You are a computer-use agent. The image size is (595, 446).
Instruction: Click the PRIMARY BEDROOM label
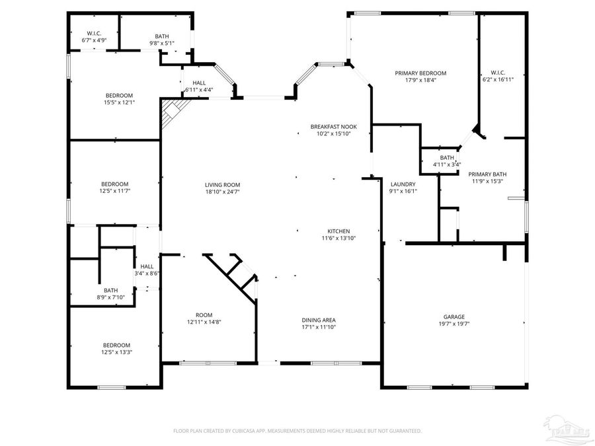click(x=420, y=73)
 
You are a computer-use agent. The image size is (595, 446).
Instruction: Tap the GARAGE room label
click(x=454, y=316)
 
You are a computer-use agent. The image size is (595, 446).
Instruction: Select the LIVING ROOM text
click(x=222, y=185)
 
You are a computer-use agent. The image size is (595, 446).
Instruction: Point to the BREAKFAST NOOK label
click(x=333, y=126)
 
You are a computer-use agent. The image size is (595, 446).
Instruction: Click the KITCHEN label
click(x=338, y=231)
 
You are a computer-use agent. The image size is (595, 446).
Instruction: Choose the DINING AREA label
click(x=319, y=320)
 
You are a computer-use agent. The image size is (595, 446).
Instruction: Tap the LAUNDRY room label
click(x=403, y=184)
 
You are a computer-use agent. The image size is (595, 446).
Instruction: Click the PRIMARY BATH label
click(x=486, y=174)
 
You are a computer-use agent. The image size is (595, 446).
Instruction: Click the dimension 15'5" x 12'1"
click(x=119, y=102)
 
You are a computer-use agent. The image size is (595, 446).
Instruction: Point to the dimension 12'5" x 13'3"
click(x=116, y=352)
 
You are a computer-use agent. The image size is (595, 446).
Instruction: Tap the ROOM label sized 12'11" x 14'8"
click(x=204, y=315)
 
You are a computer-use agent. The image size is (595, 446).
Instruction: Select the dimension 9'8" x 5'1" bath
click(x=162, y=44)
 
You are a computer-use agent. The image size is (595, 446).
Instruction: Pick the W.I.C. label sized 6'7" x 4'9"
click(x=93, y=34)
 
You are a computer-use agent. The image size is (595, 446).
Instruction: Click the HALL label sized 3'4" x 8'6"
click(x=147, y=266)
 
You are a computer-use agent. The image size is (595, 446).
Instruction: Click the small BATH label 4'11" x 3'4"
click(x=447, y=158)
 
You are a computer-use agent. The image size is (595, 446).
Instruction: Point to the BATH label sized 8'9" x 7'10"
click(x=110, y=290)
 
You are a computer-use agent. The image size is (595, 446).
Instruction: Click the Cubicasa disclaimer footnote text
click(x=297, y=430)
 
